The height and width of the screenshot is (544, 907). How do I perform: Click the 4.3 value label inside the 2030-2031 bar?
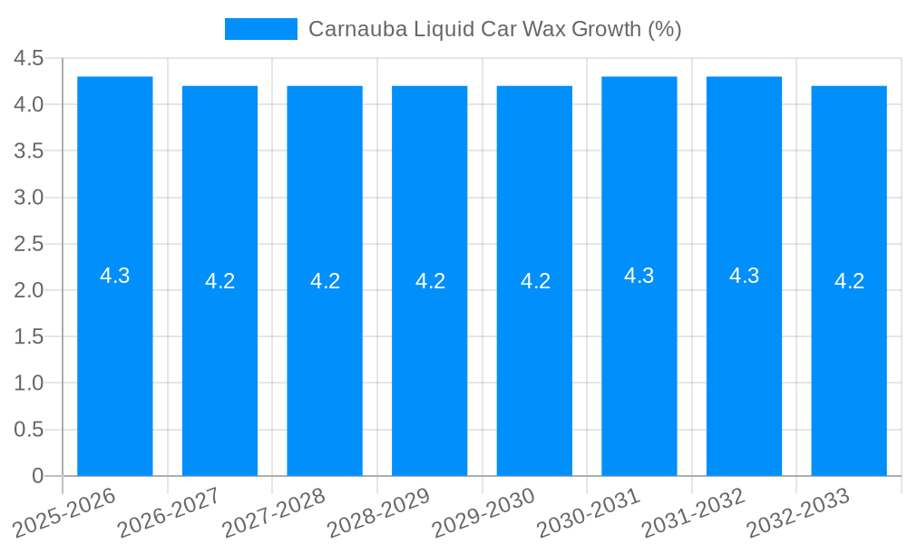point(639,276)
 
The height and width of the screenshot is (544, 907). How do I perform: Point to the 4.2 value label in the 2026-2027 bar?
point(219,281)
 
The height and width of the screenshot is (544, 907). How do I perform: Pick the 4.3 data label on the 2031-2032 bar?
point(745,276)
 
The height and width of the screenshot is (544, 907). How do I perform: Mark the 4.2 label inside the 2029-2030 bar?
point(535,281)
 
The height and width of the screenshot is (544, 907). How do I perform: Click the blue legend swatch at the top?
point(261,29)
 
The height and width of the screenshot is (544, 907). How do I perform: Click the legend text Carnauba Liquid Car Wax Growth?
point(494,29)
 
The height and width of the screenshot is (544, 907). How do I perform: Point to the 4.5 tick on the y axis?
point(28,58)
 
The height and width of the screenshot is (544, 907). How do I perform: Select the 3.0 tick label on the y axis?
point(28,198)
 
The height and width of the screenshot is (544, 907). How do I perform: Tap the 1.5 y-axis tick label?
point(28,336)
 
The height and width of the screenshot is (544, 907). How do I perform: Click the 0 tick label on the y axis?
point(37,476)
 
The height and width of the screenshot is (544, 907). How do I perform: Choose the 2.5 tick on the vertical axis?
point(28,244)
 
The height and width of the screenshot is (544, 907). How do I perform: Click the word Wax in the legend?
point(544,29)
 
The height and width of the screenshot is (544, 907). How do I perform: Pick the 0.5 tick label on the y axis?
point(28,430)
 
